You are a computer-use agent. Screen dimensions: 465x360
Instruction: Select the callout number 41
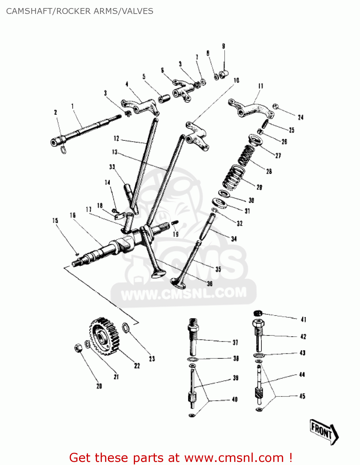[x=303, y=319]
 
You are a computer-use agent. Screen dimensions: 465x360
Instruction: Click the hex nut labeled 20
[x=78, y=348]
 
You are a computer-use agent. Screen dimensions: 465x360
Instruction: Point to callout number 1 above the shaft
[x=72, y=107]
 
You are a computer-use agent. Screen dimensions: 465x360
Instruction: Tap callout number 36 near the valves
[x=210, y=284]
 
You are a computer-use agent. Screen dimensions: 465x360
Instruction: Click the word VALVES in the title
[x=137, y=11]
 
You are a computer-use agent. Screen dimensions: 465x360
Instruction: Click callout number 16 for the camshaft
[x=72, y=215]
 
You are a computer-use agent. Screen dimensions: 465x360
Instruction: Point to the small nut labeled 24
[x=275, y=107]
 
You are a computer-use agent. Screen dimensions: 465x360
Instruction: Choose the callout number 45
[x=302, y=396]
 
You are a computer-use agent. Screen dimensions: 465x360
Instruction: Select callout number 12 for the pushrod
[x=116, y=139]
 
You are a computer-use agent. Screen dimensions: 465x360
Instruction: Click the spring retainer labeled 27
[x=256, y=139]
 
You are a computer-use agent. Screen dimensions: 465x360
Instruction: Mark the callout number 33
[x=112, y=167]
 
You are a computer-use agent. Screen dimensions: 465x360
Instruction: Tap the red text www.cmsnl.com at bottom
[x=234, y=458]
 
